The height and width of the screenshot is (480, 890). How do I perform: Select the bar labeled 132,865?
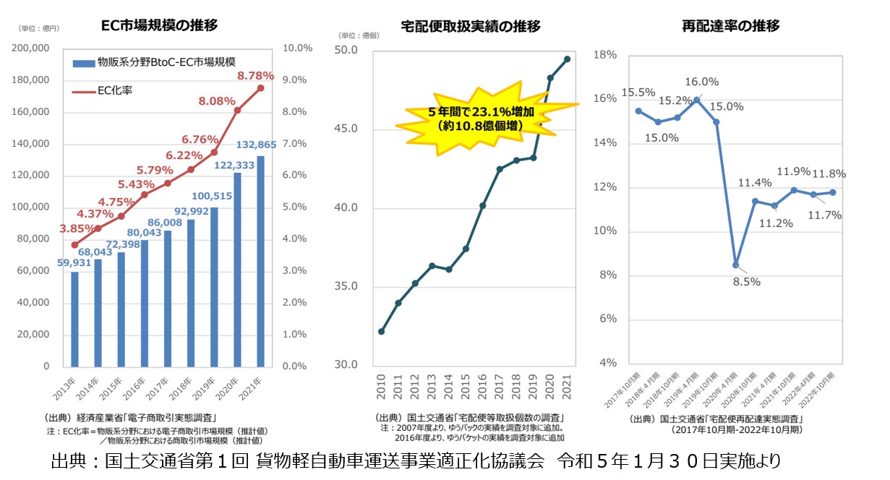(x=260, y=260)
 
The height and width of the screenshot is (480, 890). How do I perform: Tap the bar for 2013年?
(x=74, y=318)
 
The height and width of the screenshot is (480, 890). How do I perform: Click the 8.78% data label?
(x=255, y=75)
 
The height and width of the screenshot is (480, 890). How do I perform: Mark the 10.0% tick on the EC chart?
(x=298, y=48)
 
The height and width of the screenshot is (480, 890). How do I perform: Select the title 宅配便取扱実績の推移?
(x=470, y=27)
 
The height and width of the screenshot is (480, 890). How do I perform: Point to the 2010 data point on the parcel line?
(x=381, y=332)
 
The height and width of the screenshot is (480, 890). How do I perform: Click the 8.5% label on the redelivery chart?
(x=747, y=282)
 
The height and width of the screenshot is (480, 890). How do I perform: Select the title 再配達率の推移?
(x=730, y=27)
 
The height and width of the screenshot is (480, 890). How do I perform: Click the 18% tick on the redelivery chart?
(x=606, y=55)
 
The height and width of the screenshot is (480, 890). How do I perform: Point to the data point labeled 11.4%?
(x=755, y=201)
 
